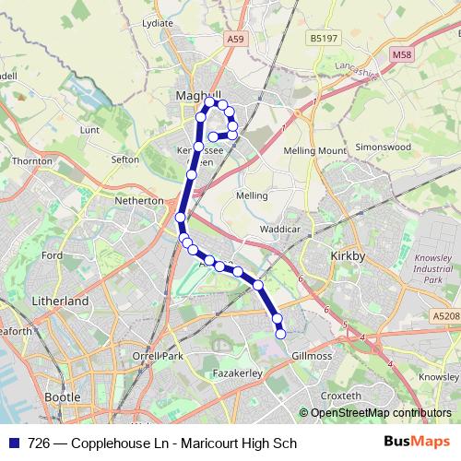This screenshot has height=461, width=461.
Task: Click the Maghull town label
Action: point(195,94)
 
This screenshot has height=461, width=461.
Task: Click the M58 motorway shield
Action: point(402,56)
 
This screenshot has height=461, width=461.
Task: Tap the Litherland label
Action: point(60,301)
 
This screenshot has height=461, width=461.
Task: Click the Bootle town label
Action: point(62,397)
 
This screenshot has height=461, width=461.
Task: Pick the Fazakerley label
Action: point(239,372)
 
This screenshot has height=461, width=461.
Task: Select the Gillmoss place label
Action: point(311,355)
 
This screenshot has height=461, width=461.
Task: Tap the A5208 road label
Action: point(444,316)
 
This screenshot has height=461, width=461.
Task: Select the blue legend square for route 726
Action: point(13,443)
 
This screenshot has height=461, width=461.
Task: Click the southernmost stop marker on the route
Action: point(281,333)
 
